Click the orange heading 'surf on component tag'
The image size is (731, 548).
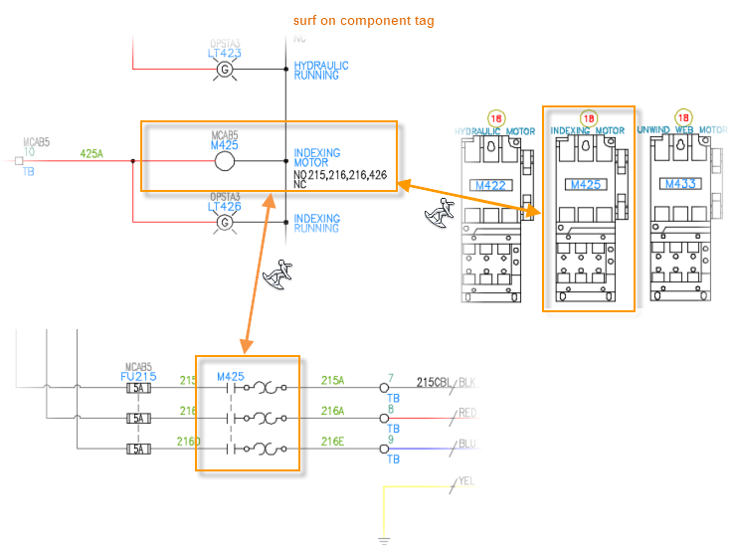363,20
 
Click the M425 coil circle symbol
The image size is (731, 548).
225,161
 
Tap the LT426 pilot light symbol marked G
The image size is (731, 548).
225,222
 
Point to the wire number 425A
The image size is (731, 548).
91,153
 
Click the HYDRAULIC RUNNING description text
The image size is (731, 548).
321,70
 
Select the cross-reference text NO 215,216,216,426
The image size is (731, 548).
340,174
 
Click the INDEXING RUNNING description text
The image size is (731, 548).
316,223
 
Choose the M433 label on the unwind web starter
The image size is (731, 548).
680,184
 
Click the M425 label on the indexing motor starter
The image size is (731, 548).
584,184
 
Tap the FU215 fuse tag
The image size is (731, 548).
138,377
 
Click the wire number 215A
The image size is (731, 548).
332,380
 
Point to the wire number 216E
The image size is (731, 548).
332,442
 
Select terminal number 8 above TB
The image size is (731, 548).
391,408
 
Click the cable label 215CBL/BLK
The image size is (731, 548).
447,381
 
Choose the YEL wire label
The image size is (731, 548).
465,481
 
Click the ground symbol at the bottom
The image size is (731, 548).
383,540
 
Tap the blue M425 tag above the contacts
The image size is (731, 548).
230,376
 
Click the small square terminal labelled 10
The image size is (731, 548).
19,160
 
